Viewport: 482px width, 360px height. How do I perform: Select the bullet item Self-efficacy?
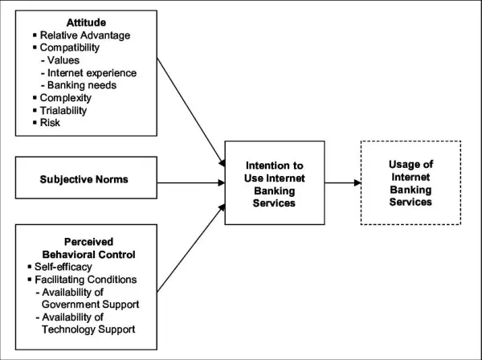pyautogui.click(x=66, y=265)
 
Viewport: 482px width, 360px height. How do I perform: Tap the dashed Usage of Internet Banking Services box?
pyautogui.click(x=411, y=182)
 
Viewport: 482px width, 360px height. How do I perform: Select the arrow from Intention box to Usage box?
pyautogui.click(x=345, y=182)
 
